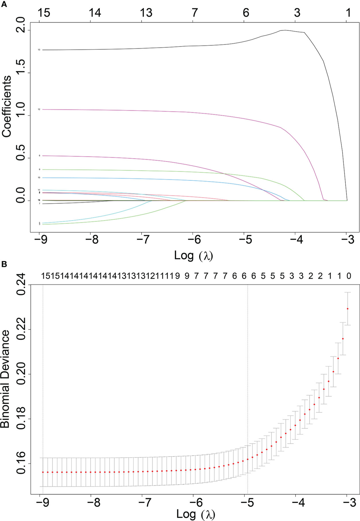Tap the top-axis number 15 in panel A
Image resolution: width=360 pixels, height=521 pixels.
[44, 13]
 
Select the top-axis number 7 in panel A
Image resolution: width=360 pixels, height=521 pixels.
[195, 13]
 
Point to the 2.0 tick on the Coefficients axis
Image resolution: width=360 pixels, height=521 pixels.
[20, 25]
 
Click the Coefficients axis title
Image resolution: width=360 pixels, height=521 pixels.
[7, 106]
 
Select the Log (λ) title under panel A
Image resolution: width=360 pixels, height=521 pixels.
[193, 256]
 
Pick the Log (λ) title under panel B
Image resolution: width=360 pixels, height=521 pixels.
[196, 514]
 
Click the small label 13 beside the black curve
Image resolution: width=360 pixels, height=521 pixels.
[39, 50]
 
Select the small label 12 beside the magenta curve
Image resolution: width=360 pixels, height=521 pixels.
[39, 109]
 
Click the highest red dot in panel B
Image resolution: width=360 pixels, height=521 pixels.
[348, 309]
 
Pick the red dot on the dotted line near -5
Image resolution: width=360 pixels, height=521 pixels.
[248, 459]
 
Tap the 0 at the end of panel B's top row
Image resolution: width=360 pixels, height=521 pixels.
[349, 276]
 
